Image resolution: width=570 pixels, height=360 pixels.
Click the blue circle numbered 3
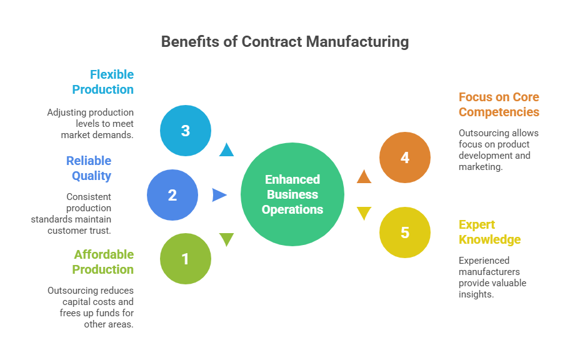[186, 131]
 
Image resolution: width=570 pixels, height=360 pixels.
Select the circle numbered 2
[172, 195]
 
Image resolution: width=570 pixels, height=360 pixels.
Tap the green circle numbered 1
[186, 259]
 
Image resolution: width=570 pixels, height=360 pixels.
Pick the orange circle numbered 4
[405, 157]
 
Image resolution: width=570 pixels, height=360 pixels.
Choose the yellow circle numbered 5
[405, 232]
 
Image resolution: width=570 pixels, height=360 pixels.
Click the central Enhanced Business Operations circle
[292, 194]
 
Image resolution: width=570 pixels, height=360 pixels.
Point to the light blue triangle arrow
[226, 150]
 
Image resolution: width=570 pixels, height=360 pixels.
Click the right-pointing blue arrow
[219, 195]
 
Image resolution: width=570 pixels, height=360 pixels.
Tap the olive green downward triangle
[226, 239]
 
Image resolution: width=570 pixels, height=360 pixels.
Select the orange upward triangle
[364, 177]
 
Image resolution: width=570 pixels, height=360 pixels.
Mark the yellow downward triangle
[364, 213]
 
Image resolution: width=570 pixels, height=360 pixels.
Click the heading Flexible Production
[104, 82]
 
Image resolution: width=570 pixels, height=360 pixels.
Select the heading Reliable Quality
[89, 168]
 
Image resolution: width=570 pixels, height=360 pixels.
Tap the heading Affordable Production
[104, 262]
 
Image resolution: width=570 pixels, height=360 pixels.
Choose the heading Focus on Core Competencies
[498, 104]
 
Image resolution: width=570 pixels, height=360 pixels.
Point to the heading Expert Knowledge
[489, 232]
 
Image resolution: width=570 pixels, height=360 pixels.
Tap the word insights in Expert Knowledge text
[476, 294]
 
